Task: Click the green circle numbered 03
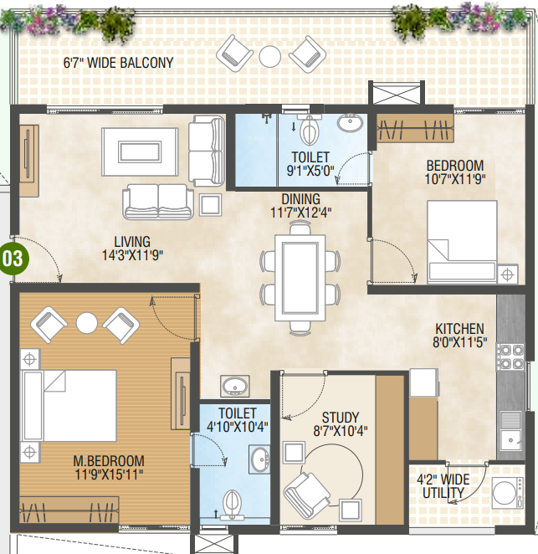point(14,259)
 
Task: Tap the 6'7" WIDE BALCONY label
point(118,63)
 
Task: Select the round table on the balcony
point(270,57)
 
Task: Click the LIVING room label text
point(132,242)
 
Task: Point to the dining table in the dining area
point(300,278)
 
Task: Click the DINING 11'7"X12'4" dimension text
point(301,206)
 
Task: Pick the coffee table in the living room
point(140,152)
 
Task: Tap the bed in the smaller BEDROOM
point(462,242)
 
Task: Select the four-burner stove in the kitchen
point(510,357)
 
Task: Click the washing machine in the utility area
point(508,493)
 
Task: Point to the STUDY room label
point(341,418)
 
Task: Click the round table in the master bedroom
point(86,323)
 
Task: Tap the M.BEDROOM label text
point(109,461)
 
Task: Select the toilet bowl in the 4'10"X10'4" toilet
point(233,503)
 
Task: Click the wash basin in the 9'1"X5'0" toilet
point(350,123)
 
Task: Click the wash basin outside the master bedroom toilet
point(235,386)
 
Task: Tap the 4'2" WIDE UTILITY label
point(443,486)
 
